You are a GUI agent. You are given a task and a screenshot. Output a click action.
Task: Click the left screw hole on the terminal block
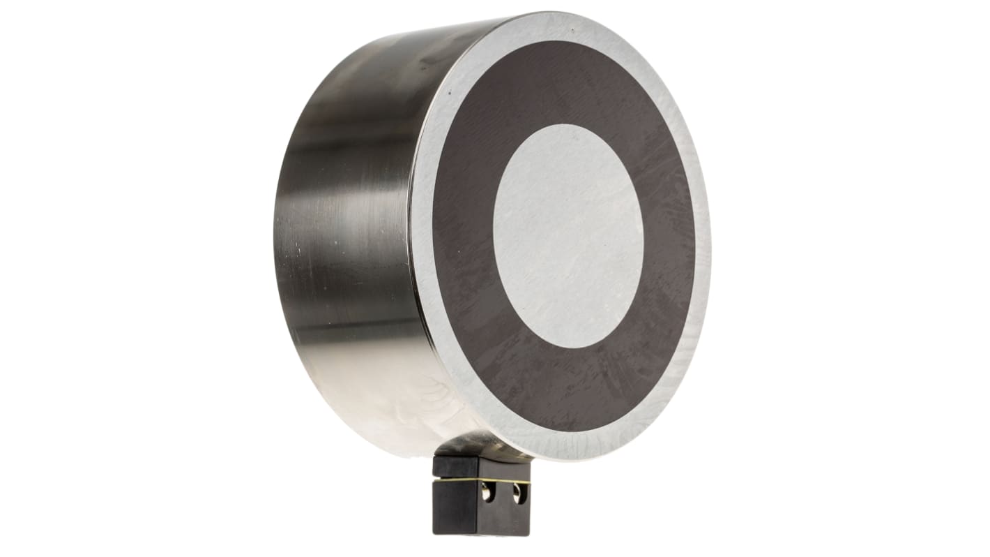click(x=488, y=494)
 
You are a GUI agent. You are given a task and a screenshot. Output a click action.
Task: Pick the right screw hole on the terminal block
click(x=518, y=494)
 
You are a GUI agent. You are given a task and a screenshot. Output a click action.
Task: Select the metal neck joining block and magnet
click(x=481, y=447)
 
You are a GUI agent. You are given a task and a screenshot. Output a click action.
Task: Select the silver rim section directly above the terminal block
click(x=530, y=440)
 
